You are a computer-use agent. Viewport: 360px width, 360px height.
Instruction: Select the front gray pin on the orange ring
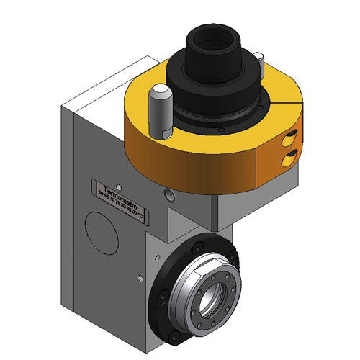160,108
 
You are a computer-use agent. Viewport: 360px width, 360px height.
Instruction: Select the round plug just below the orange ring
168,194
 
